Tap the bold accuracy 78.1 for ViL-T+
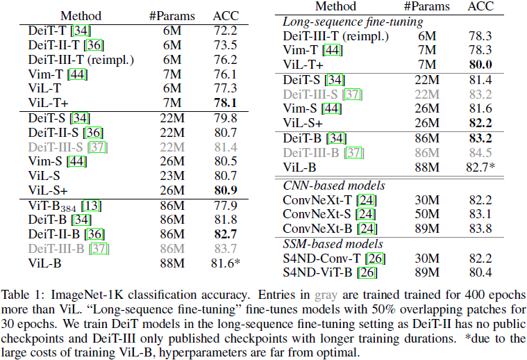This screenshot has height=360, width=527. pos(226,103)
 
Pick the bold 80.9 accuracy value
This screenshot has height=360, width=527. pos(226,190)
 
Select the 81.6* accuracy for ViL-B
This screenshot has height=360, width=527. pos(228,263)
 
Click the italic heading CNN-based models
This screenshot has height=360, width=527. pos(334,186)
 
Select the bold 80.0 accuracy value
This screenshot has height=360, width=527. pos(480,65)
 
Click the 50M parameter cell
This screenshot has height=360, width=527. pos(424,214)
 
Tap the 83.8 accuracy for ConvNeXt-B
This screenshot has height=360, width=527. pos(480,228)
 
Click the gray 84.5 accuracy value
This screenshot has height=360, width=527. pos(480,152)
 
